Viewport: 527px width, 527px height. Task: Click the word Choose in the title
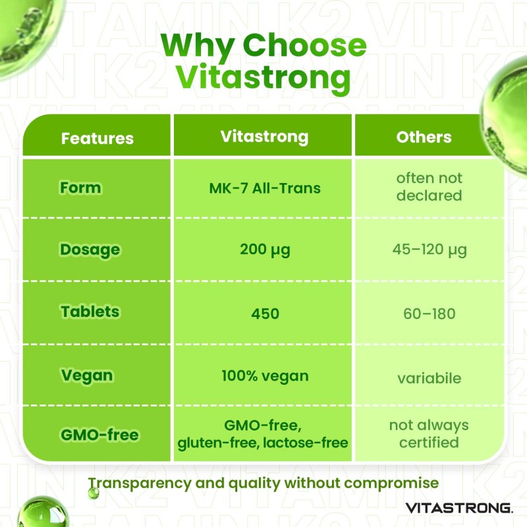tap(304, 45)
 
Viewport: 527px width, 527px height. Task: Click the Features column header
tap(97, 138)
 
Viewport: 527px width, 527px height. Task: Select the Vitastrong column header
tap(265, 137)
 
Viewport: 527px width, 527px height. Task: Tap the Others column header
tap(424, 137)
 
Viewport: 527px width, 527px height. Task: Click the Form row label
tap(80, 187)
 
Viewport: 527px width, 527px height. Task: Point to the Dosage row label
tap(90, 250)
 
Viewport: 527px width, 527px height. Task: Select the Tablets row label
tap(90, 312)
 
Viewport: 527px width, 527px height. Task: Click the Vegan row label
tap(87, 375)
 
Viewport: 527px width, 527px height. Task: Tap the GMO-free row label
tap(100, 435)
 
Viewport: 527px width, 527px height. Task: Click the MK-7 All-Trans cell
tap(265, 188)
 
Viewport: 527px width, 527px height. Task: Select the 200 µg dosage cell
tap(265, 250)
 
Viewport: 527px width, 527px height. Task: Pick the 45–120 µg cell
tap(430, 250)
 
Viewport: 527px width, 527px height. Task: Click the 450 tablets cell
tap(265, 314)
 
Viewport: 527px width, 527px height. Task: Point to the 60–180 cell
tap(430, 314)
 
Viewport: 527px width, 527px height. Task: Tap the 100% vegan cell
tap(265, 376)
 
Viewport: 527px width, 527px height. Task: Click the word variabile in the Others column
tap(430, 378)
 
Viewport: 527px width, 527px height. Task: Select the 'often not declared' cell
tap(430, 187)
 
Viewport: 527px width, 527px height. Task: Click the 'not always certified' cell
tap(429, 433)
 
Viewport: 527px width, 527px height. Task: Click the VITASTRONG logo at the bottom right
tap(459, 508)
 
